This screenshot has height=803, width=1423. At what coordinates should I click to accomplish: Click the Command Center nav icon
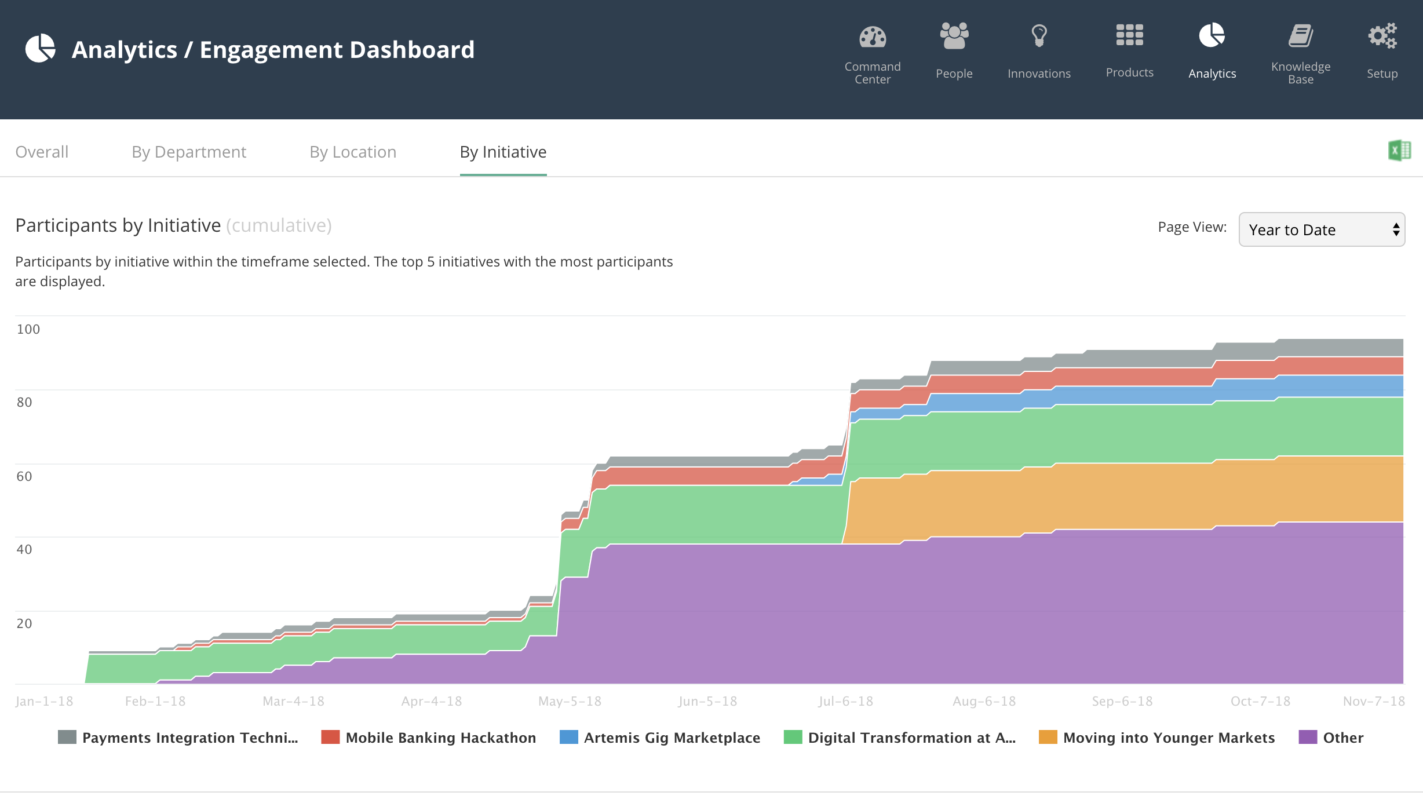click(873, 37)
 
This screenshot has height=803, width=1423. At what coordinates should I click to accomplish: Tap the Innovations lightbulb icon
click(1039, 36)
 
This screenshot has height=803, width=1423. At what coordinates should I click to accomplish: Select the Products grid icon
click(1129, 35)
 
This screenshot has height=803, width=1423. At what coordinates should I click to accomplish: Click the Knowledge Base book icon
click(1301, 36)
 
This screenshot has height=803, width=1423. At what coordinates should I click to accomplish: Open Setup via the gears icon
click(1382, 36)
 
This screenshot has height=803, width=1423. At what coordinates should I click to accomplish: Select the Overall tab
click(42, 152)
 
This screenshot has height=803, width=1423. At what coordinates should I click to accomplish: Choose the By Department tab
click(189, 152)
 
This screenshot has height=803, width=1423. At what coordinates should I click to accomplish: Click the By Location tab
click(353, 152)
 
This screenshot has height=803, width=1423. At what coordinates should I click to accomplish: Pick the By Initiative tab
click(503, 152)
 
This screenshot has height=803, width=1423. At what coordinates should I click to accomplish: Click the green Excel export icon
click(1400, 151)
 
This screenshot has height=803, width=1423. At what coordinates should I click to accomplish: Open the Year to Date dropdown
click(1322, 229)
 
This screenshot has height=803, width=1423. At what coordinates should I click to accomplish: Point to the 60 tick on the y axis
click(24, 476)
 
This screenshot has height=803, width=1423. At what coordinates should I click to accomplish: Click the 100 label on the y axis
click(28, 329)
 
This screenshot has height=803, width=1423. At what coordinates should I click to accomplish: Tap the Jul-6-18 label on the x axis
click(845, 701)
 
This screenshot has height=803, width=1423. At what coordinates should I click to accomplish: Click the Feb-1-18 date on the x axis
click(155, 701)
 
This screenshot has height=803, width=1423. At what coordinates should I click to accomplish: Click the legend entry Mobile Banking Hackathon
click(429, 738)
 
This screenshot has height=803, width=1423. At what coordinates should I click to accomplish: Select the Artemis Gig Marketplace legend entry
click(660, 738)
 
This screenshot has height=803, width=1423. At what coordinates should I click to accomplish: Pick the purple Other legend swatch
click(1308, 737)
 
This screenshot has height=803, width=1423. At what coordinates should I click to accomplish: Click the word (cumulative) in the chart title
click(279, 225)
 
